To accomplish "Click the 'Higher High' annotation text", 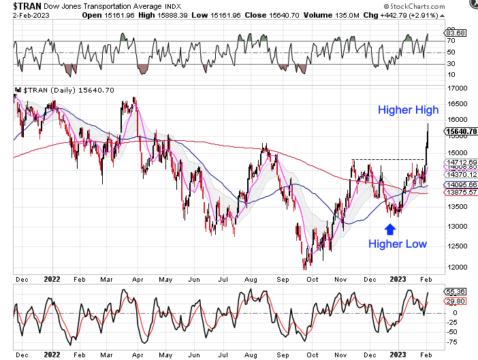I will click(408, 110).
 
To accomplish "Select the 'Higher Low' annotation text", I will click(398, 244).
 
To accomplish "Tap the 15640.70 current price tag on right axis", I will click(461, 131).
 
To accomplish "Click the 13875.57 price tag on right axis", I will click(461, 193).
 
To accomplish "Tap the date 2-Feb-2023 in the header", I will click(30, 14).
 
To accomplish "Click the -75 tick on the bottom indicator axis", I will click(451, 343).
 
